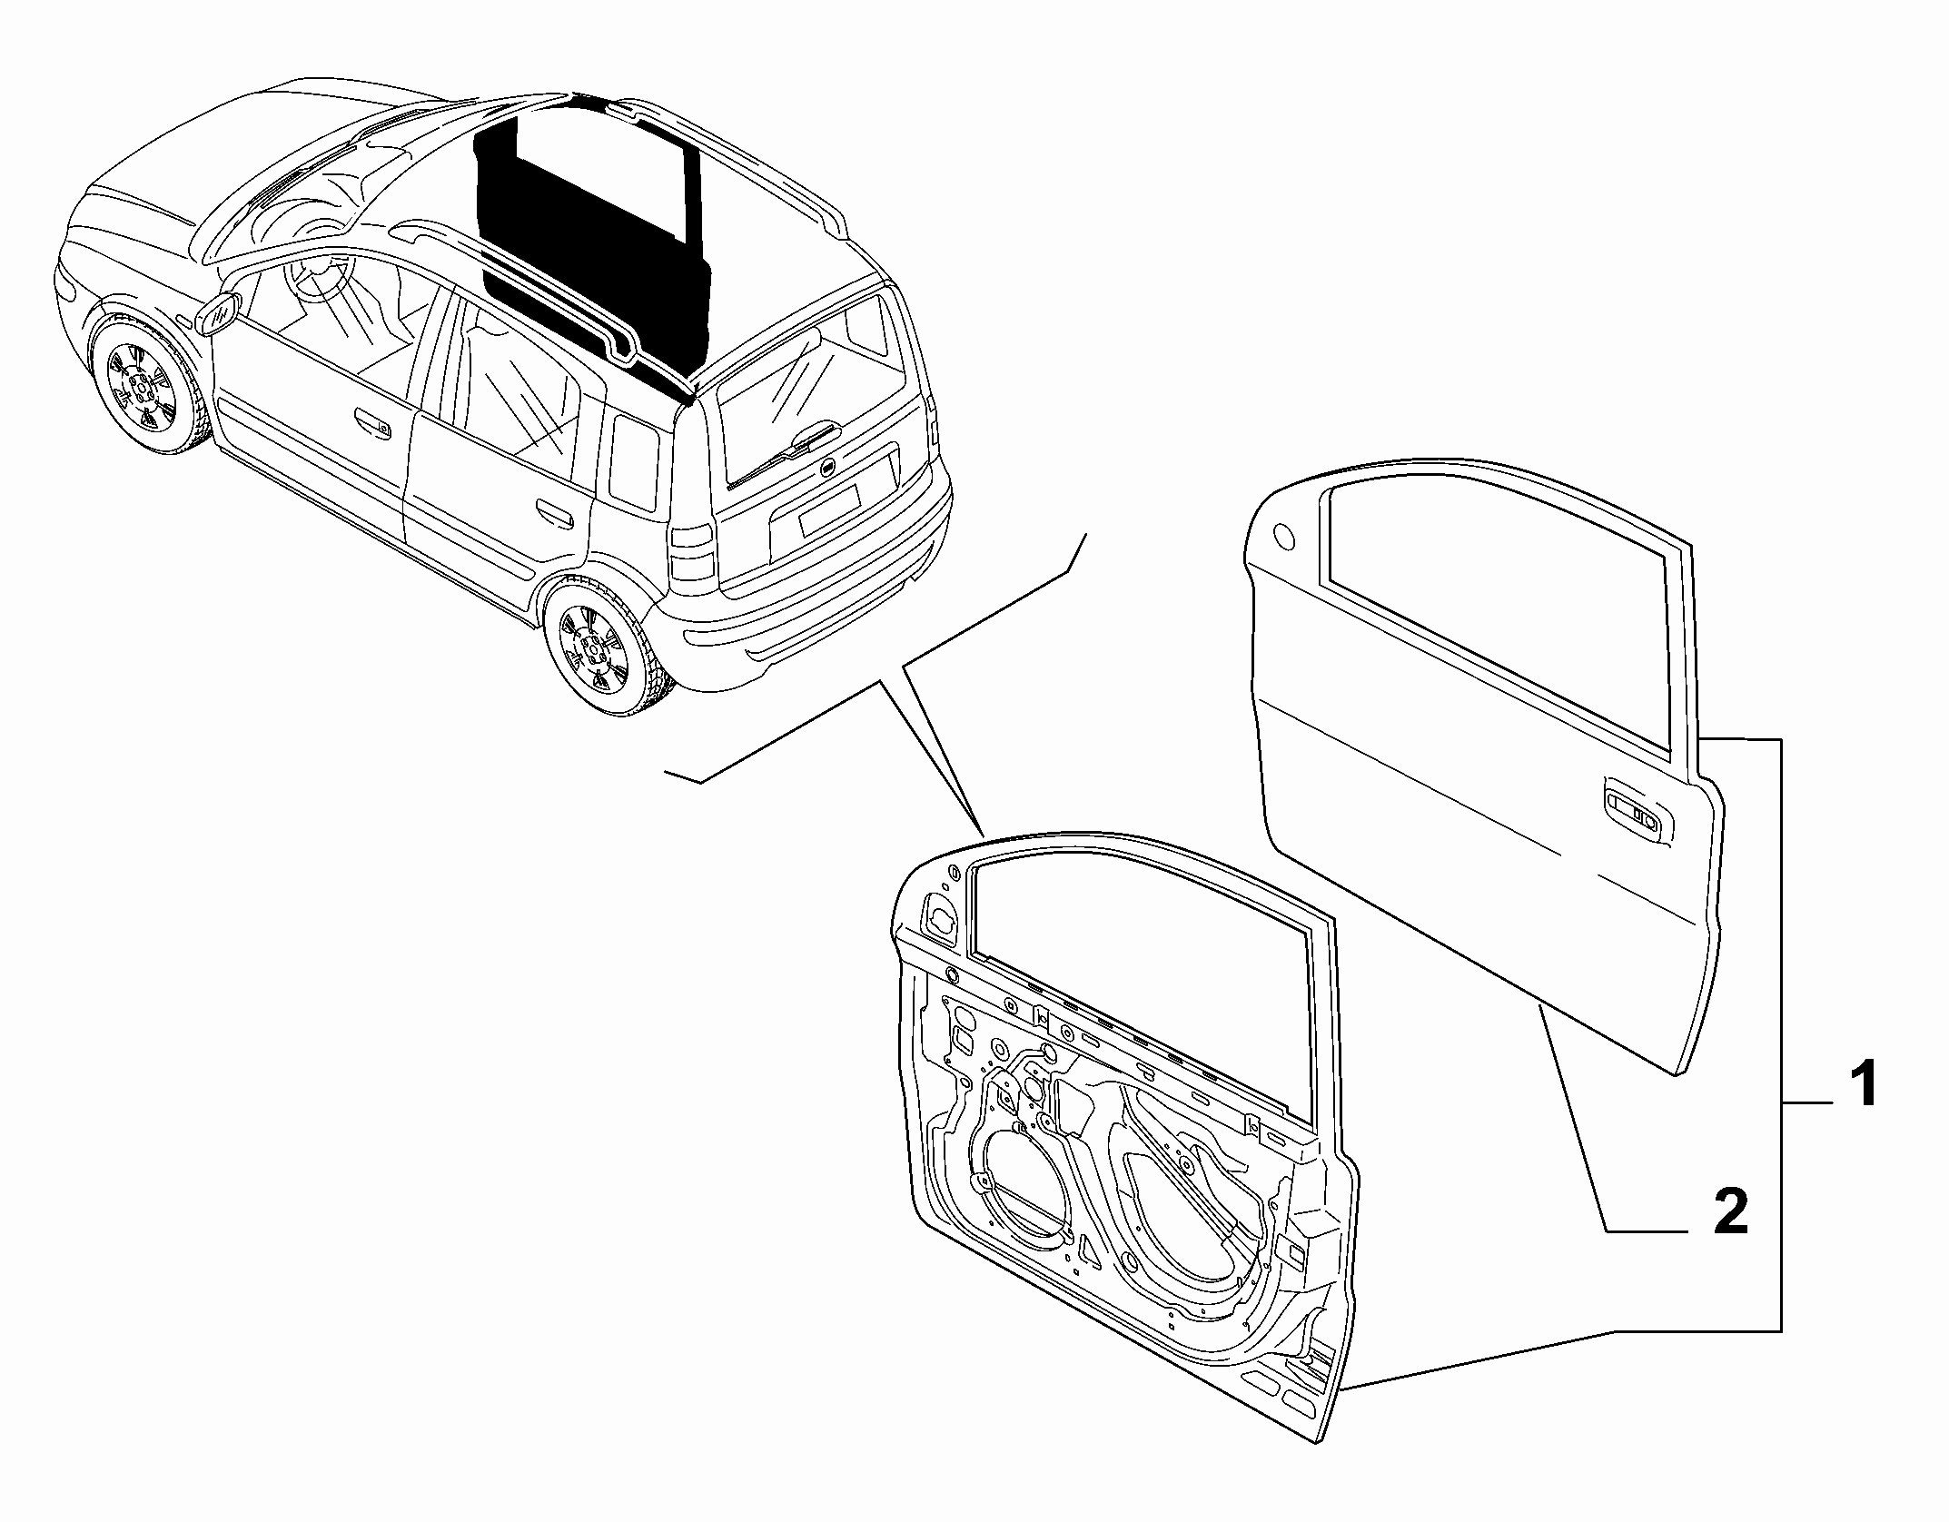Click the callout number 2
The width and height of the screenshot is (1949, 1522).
click(1730, 1211)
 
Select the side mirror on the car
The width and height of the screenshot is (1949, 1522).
click(219, 314)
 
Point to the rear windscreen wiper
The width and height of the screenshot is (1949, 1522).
click(787, 453)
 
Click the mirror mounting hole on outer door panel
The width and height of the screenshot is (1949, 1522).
click(1284, 537)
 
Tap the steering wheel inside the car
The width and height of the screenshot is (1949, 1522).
click(318, 272)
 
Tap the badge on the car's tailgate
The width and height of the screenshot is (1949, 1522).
click(826, 467)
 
